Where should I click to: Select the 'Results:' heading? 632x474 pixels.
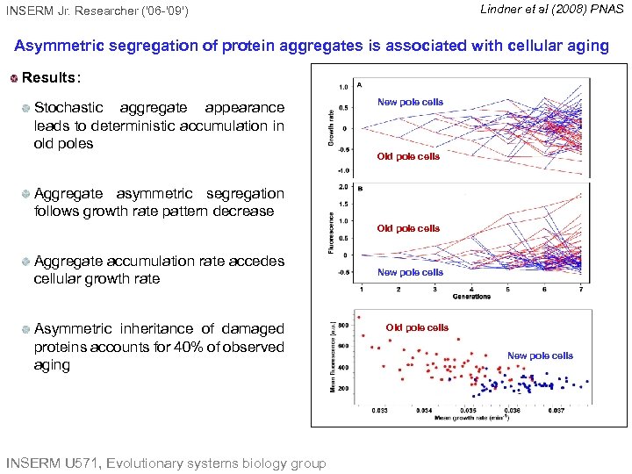(x=51, y=77)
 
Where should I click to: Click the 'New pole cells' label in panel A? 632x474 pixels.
(x=410, y=102)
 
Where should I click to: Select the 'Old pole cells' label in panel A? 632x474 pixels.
(x=408, y=156)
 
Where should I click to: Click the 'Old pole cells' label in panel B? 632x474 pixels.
(x=408, y=228)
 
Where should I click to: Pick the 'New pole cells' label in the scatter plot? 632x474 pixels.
(x=540, y=355)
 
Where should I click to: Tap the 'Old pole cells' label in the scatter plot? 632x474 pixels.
(x=417, y=327)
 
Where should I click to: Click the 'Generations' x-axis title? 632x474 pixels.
(x=472, y=297)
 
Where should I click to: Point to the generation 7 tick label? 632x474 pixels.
(x=580, y=290)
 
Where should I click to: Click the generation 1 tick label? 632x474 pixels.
(x=363, y=290)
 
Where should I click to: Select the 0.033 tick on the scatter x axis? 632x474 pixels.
(x=380, y=410)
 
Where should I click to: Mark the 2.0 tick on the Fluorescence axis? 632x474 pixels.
(x=343, y=187)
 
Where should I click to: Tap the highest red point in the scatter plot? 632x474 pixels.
(x=358, y=317)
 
